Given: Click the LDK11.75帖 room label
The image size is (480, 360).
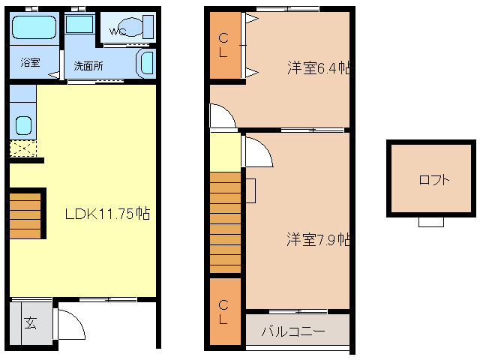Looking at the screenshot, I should (x=107, y=214).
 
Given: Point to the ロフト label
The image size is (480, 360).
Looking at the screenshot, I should (x=434, y=180).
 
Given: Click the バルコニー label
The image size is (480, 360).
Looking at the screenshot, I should (x=293, y=331).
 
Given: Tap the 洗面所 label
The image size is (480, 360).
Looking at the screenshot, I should (x=88, y=64).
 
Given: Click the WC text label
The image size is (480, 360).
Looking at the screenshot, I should (x=118, y=31).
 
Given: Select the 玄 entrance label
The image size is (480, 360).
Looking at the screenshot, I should (x=31, y=323).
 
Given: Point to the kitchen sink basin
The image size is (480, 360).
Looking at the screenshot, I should (x=22, y=125).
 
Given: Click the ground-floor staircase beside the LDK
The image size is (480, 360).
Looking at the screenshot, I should (x=24, y=213).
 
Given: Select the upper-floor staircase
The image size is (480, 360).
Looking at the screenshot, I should (x=226, y=221).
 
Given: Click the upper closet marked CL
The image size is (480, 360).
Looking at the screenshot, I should (x=224, y=46).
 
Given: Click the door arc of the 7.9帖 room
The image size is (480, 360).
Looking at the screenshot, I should (x=257, y=151).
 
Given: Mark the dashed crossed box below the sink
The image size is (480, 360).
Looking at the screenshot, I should (x=22, y=148).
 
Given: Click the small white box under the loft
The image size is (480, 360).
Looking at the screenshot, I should (x=430, y=221).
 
